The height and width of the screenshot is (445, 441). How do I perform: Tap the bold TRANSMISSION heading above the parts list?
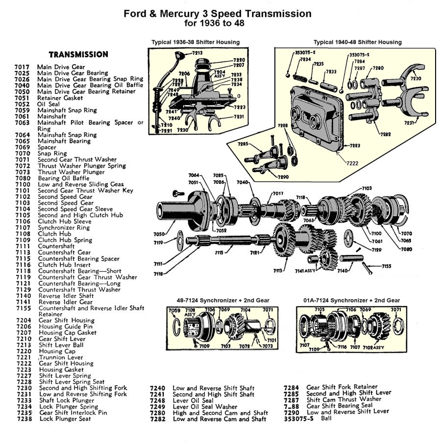(x=78, y=54)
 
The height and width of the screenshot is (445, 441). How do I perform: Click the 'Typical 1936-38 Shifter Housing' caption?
(x=196, y=42)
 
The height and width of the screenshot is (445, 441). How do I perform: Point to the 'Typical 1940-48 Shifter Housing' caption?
(x=358, y=42)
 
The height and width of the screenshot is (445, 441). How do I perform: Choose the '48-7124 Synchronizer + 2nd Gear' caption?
(x=223, y=300)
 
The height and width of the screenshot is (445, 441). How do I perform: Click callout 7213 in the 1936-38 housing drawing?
(x=197, y=52)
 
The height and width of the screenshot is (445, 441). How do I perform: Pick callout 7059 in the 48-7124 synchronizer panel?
(x=174, y=310)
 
